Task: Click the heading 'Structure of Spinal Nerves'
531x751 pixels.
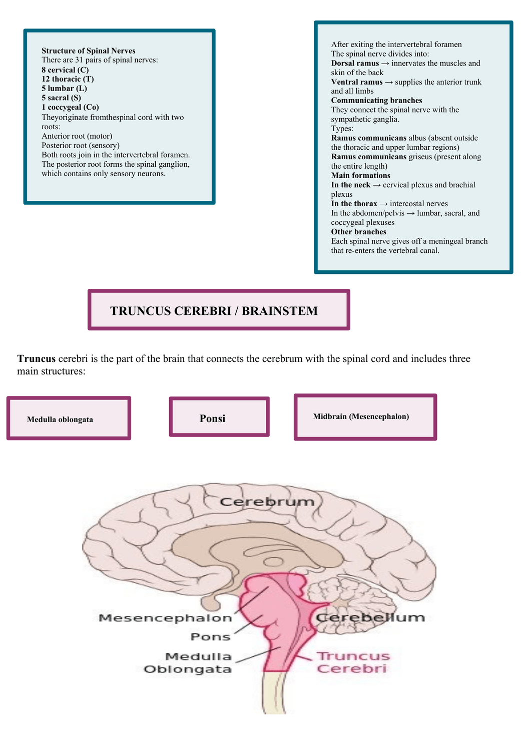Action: pos(88,51)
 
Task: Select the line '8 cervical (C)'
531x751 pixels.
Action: pos(65,70)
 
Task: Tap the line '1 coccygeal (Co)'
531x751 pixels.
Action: pos(70,107)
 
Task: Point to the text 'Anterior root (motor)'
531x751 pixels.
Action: pos(77,136)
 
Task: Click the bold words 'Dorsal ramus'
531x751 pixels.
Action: pos(355,63)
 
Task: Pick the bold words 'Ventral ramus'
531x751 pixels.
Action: pos(356,82)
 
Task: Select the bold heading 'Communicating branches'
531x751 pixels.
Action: pos(376,100)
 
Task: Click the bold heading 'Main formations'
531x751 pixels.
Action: pos(360,175)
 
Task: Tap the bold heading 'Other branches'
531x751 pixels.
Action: pos(358,232)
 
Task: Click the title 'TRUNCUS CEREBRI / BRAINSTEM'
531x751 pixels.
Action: pos(214,311)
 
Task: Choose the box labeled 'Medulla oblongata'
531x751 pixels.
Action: pos(69,419)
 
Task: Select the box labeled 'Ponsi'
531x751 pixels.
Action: pos(219,418)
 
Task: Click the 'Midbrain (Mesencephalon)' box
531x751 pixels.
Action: pos(365,417)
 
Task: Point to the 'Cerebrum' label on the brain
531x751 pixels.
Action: pos(267,501)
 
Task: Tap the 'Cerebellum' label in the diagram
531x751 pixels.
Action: pos(370,617)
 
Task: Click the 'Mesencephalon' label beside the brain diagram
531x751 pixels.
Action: pos(165,618)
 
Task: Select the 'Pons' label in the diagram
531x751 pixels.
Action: pos(210,637)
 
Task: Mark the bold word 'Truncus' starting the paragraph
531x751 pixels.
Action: pos(37,358)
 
